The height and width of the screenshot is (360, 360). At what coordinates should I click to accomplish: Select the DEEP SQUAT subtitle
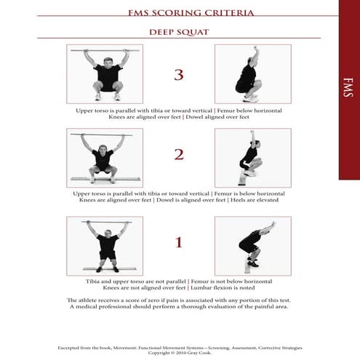(179, 32)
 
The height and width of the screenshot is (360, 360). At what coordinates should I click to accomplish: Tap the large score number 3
(179, 75)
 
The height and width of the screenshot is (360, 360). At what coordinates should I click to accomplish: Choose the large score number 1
(179, 243)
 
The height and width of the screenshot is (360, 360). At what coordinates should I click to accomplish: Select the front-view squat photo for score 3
(105, 74)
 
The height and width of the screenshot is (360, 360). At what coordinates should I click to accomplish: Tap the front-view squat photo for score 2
(105, 158)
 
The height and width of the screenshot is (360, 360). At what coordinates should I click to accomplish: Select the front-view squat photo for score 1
(105, 245)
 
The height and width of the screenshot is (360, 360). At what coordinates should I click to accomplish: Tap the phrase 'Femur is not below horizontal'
(236, 281)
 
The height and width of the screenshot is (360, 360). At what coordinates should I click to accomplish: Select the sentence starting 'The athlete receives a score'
(179, 300)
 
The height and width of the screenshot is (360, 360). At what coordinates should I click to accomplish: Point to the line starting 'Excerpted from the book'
(179, 348)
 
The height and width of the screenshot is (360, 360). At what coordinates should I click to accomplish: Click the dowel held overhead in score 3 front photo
(105, 51)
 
